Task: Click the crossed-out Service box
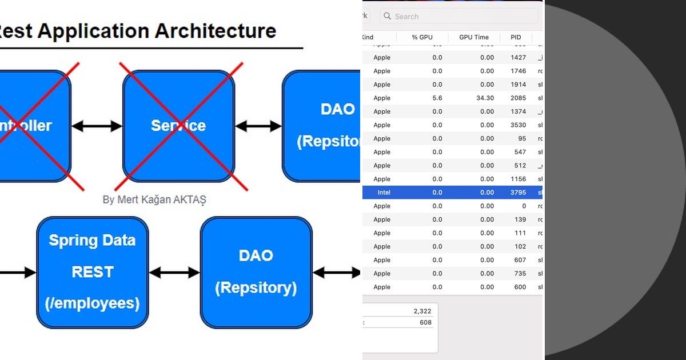178,126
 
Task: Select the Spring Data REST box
93,272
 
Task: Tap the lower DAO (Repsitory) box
256,272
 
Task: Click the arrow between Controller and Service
97,126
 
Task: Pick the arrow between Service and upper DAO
258,126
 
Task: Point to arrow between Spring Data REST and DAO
174,273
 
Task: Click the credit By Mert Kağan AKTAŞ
154,199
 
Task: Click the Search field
457,17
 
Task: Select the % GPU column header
422,37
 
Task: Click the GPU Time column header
473,37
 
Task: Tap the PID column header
515,37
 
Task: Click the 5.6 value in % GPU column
437,98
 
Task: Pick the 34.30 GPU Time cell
485,98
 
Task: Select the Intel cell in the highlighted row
384,193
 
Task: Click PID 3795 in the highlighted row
518,193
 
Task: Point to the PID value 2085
518,98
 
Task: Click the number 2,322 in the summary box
422,311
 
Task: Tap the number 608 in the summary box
425,323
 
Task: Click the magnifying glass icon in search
388,17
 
